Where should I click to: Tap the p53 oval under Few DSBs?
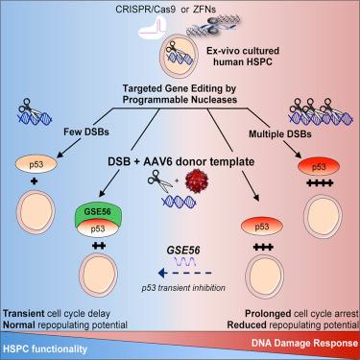36,164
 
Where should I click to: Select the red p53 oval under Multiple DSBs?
319,167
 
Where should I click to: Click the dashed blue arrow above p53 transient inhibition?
185,273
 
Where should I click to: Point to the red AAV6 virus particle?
195,179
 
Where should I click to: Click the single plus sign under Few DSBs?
35,181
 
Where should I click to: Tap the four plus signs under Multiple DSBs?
320,183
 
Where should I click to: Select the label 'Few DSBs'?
86,132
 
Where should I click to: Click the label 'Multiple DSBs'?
280,133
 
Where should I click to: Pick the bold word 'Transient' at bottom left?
24,314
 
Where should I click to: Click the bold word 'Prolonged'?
268,314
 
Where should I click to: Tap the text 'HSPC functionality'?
45,348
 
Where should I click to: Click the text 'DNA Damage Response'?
304,343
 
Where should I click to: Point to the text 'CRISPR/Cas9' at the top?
147,9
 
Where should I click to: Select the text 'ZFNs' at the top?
204,9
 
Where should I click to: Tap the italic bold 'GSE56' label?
183,250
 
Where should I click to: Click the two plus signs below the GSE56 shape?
99,246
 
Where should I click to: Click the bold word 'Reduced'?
247,325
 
